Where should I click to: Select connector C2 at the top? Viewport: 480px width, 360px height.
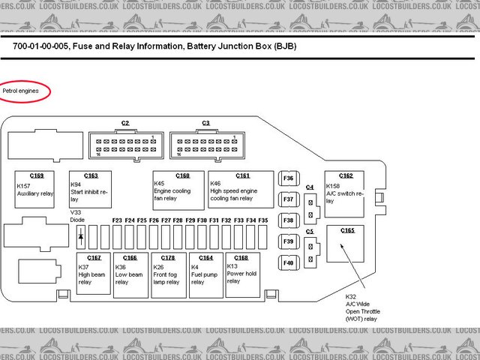(x=125, y=142)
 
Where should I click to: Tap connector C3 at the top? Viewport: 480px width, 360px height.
(x=206, y=142)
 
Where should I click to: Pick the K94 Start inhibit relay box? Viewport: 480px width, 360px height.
(x=90, y=190)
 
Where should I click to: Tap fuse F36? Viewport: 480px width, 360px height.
(x=289, y=178)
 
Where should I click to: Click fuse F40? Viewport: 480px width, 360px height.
(x=289, y=262)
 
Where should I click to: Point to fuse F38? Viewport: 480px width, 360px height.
(x=289, y=220)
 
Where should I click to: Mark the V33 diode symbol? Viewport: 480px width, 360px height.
(x=81, y=236)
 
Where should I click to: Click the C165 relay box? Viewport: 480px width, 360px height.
(x=346, y=243)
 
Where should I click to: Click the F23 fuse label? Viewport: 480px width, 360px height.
(x=117, y=220)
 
